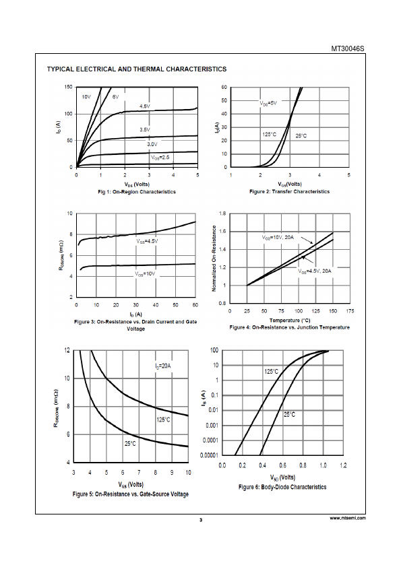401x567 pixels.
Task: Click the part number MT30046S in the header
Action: click(348, 48)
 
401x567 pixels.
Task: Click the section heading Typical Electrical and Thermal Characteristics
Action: click(137, 69)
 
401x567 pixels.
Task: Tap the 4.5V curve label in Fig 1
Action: click(145, 106)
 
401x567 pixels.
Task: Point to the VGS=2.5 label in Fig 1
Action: click(160, 158)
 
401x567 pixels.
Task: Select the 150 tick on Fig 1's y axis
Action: click(68, 87)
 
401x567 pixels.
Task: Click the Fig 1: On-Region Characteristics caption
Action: click(137, 192)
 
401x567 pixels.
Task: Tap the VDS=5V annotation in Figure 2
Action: click(268, 103)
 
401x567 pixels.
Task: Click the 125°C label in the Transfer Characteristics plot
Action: click(270, 135)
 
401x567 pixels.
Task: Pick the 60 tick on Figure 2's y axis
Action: click(224, 87)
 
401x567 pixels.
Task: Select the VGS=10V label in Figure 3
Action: click(145, 274)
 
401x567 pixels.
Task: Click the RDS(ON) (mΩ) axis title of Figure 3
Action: click(61, 255)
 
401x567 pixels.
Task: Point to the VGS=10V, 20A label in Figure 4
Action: click(278, 238)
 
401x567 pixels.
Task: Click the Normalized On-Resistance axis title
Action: click(214, 259)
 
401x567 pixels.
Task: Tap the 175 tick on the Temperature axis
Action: click(350, 311)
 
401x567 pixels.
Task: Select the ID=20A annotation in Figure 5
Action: click(163, 366)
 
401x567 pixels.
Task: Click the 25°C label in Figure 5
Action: click(130, 443)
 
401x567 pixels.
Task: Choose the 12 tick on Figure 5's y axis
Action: click(67, 350)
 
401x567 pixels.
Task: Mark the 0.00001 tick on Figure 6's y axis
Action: click(209, 455)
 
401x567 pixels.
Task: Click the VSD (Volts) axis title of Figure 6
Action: click(282, 477)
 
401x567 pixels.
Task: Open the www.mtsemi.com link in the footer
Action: click(348, 518)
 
